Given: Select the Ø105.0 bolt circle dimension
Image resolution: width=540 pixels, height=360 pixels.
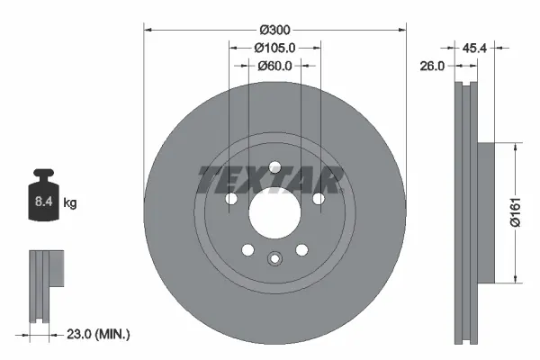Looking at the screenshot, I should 274,47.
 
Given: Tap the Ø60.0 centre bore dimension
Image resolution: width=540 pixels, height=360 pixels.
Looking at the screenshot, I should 274,65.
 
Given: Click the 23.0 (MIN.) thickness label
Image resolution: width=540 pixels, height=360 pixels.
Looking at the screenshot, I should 99,333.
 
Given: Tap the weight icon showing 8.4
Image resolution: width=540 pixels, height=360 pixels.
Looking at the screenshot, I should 44,201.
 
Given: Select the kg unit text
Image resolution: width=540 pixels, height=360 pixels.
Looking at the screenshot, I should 70,204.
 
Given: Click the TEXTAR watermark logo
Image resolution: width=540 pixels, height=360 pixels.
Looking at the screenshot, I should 268,180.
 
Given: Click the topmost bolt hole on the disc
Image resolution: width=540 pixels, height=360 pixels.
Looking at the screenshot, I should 274,164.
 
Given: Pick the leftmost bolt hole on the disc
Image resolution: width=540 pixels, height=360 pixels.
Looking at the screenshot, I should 231,198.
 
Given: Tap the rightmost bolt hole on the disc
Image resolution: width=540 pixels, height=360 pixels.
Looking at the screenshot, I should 318,198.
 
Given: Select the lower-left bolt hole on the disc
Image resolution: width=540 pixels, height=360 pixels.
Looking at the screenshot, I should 247,249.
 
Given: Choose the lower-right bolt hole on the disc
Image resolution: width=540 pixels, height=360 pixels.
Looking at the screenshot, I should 301,249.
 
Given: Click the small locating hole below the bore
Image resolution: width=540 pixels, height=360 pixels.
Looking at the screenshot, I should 274,260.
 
